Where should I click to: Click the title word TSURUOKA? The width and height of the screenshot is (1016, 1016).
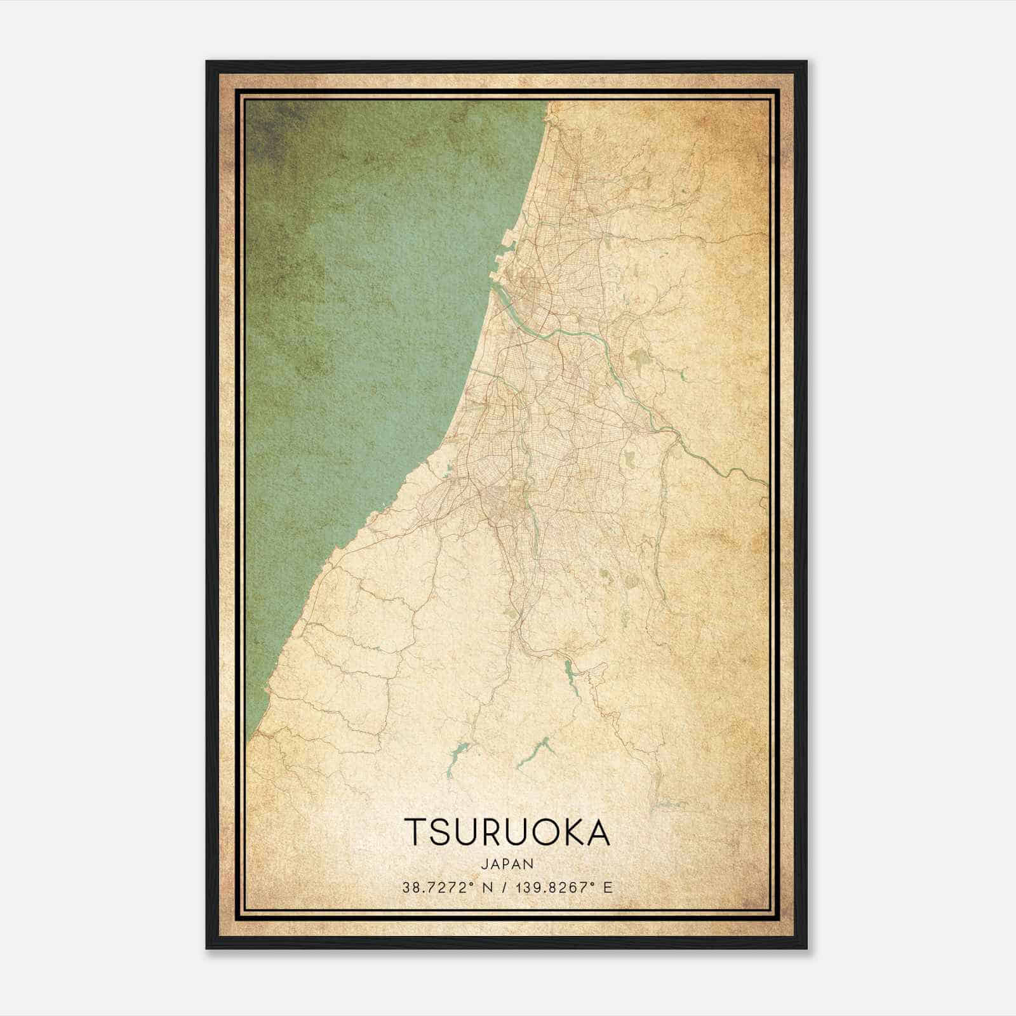[x=507, y=832]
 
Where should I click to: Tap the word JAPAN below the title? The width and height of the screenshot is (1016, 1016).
[x=507, y=864]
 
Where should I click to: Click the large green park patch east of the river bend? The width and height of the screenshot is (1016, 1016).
[x=637, y=361]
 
